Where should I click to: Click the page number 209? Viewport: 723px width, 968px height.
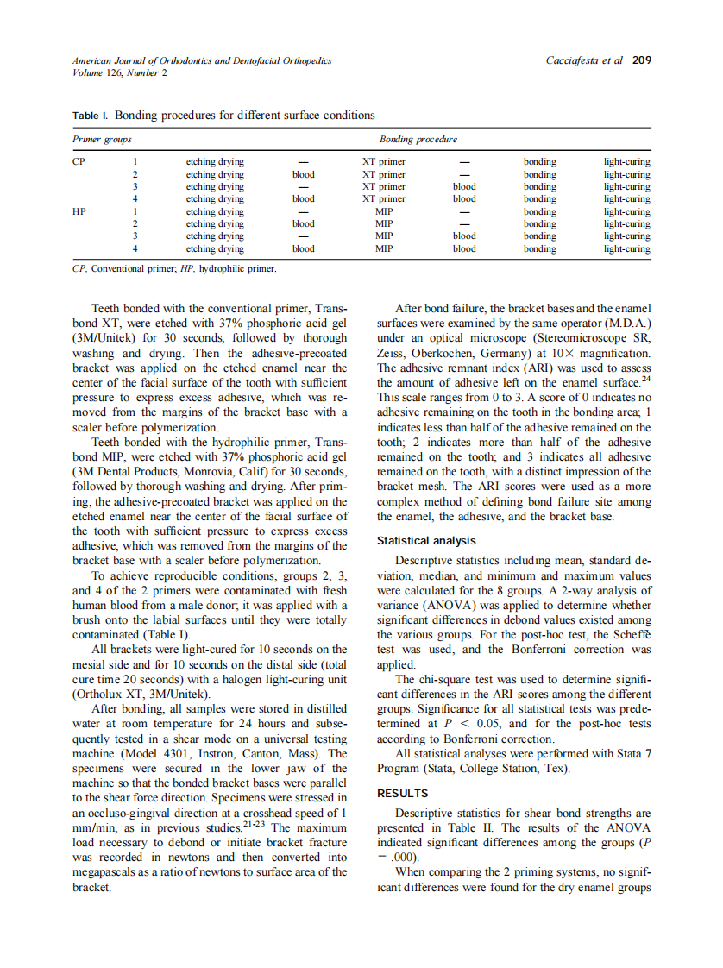coord(641,60)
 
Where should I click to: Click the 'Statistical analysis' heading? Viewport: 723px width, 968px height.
coord(426,541)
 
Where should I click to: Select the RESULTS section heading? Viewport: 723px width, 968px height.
coord(403,793)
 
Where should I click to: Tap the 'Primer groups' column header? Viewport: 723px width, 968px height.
coord(102,139)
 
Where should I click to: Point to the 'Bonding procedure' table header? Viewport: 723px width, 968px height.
coord(418,139)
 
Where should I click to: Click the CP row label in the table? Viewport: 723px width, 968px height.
coord(79,161)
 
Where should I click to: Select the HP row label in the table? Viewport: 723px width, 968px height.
coord(79,211)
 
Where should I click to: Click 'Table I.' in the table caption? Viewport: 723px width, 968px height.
coord(90,115)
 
